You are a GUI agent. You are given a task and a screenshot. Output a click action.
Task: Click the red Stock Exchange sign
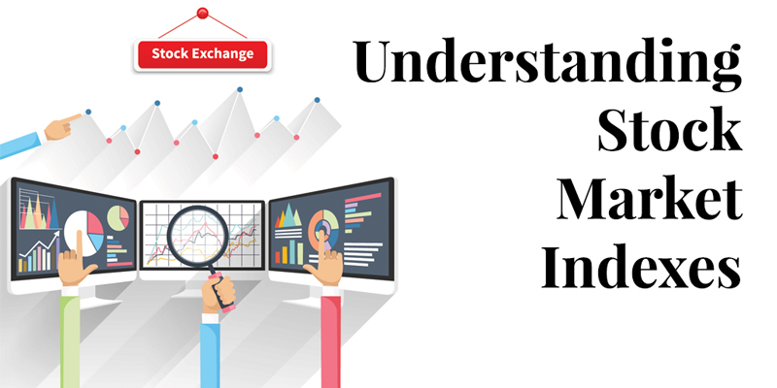pyautogui.click(x=203, y=54)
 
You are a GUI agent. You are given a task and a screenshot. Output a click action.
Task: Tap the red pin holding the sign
pyautogui.click(x=203, y=13)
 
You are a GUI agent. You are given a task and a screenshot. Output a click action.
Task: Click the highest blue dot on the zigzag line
pyautogui.click(x=239, y=89)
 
